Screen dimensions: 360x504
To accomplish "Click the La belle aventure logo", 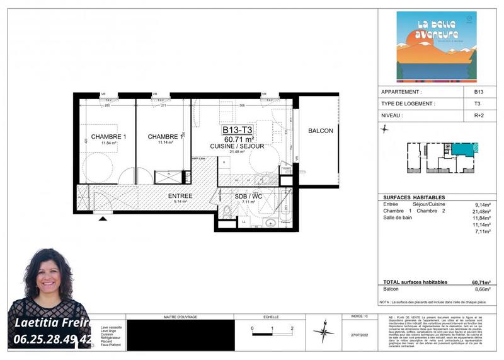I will click(x=436, y=47).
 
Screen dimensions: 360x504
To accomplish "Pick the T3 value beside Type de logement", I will click(x=478, y=103).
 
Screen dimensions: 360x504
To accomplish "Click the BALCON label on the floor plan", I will click(x=320, y=131).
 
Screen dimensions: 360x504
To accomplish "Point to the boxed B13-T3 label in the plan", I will click(x=238, y=131).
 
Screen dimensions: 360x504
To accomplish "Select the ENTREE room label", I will click(x=180, y=196).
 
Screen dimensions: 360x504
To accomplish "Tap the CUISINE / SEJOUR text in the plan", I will click(x=237, y=146).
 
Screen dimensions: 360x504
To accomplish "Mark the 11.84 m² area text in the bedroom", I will click(x=101, y=143).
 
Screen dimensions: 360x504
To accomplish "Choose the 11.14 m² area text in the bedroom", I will click(x=165, y=143).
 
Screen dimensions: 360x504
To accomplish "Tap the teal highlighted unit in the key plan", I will click(x=466, y=149).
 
